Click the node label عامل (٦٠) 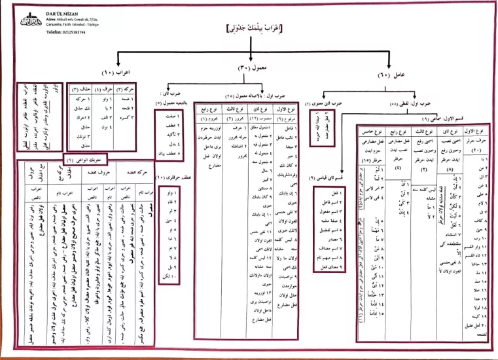(x=399, y=77)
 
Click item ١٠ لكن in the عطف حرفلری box (x=171, y=278)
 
